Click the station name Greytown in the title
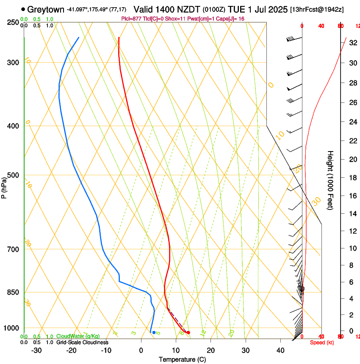[x=46, y=9]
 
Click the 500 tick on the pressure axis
[x=13, y=175]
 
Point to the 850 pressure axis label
[x=13, y=292]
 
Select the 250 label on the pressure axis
[x=13, y=22]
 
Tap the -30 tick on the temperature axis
[x=37, y=350]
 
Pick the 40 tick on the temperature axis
[x=280, y=350]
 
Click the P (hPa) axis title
[x=4, y=186]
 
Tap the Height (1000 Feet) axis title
[x=331, y=180]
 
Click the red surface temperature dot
[x=188, y=332]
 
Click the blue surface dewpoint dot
[x=154, y=332]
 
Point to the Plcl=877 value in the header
[x=131, y=19]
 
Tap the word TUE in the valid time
[x=235, y=9]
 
